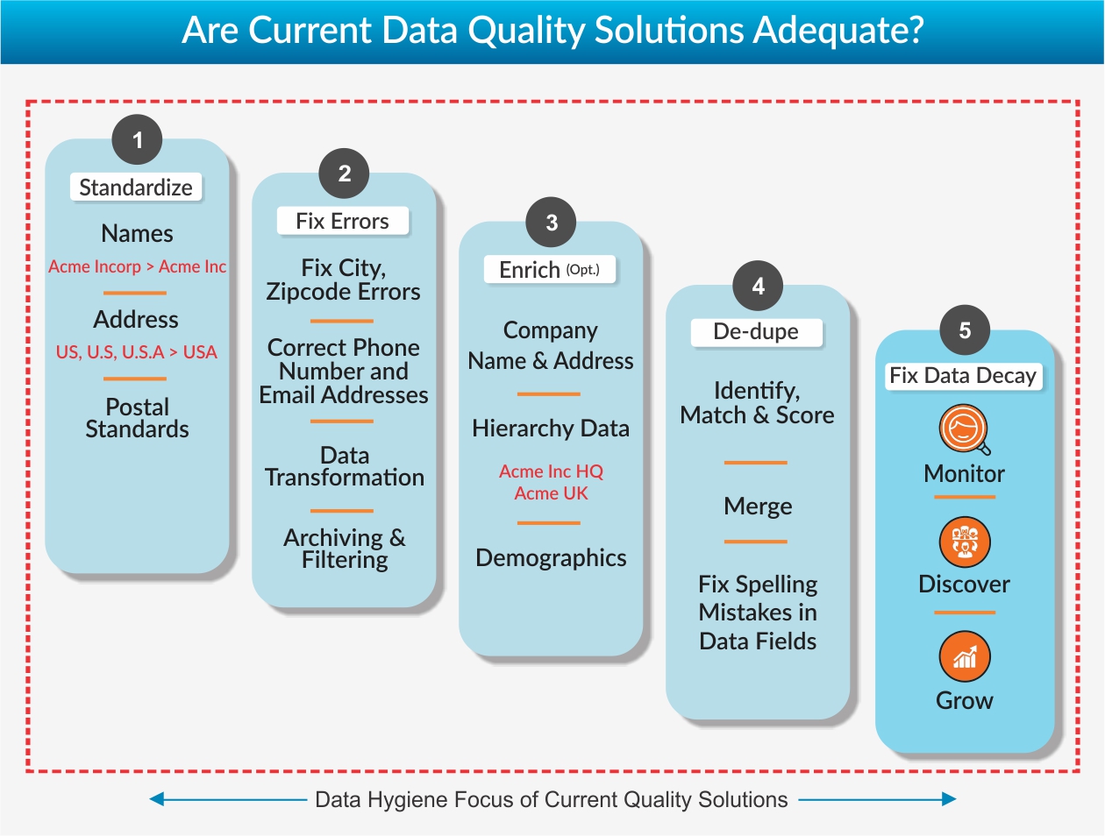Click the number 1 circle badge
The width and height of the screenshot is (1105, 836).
pos(137,139)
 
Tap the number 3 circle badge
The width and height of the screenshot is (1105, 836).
pos(551,222)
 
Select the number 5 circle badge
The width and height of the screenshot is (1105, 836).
pos(965,330)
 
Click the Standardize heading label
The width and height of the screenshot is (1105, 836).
pos(136,188)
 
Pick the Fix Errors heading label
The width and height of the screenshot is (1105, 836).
pos(342,221)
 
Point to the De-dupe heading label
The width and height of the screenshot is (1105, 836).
pos(756,332)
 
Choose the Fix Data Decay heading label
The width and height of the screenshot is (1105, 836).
pos(963,376)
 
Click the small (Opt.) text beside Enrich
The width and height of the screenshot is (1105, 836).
pos(583,270)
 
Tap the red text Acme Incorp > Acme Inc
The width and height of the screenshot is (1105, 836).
pos(137,266)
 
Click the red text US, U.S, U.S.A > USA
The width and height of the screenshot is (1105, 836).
pos(137,352)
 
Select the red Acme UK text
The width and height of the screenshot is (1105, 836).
pos(551,493)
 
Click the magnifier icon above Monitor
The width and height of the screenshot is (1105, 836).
pos(965,430)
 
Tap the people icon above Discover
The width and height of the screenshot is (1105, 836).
pos(965,542)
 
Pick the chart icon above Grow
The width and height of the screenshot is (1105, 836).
pos(965,656)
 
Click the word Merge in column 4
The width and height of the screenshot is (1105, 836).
pos(758,506)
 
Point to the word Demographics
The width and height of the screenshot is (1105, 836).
pos(551,558)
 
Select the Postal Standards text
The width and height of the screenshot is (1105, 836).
pos(137,418)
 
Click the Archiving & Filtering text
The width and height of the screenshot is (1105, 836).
pos(345,549)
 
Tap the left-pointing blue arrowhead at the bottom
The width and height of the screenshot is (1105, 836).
pos(157,799)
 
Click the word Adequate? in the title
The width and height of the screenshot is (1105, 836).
pos(838,30)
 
